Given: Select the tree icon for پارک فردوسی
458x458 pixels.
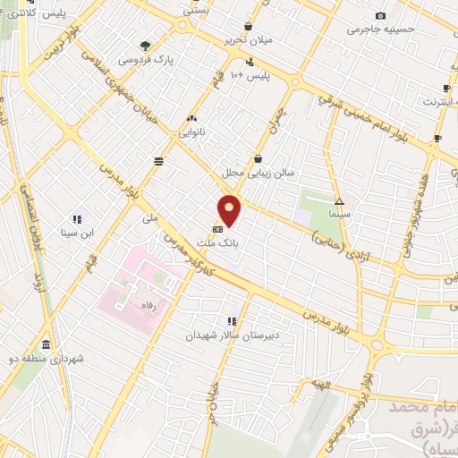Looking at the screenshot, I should pos(146,46).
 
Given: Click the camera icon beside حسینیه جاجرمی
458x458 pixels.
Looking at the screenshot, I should pos(381,15).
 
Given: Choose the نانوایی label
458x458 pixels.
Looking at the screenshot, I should pos(191,132).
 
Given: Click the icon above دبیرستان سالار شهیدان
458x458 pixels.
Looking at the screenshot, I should pos(232,321).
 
